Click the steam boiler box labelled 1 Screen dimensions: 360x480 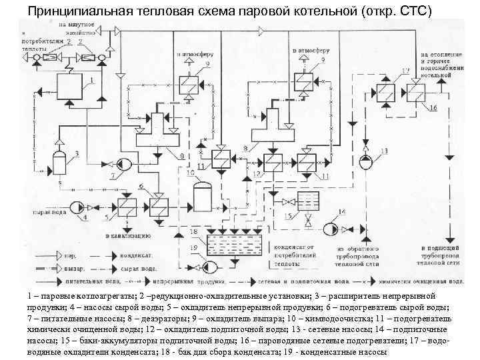[69, 87]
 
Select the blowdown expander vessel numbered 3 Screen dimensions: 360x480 [60, 161]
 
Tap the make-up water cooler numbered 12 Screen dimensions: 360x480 [271, 162]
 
